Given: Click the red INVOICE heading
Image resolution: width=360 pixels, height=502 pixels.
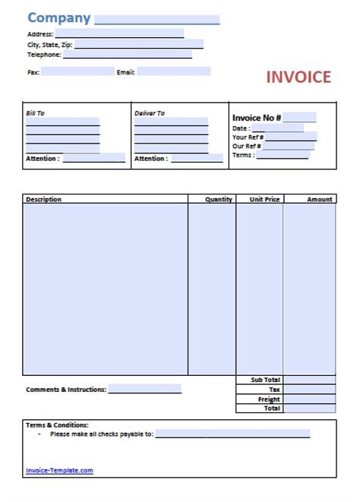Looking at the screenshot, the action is pyautogui.click(x=298, y=77).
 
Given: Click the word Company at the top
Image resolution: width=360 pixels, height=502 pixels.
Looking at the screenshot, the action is pyautogui.click(x=58, y=18).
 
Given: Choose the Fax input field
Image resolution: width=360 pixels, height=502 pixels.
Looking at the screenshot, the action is pyautogui.click(x=73, y=72).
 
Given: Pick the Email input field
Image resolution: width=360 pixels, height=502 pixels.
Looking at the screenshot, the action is pyautogui.click(x=174, y=72).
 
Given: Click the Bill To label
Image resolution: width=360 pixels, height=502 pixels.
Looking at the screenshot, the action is pyautogui.click(x=36, y=113).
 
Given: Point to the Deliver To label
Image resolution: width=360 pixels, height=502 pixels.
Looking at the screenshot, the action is pyautogui.click(x=149, y=113).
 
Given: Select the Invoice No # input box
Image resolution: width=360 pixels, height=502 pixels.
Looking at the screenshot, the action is pyautogui.click(x=300, y=117).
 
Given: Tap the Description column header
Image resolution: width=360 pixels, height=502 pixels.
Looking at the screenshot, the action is pyautogui.click(x=43, y=199).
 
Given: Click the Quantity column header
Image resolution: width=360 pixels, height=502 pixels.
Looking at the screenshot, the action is pyautogui.click(x=219, y=199).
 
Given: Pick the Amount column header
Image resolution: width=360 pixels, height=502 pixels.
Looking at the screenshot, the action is pyautogui.click(x=320, y=199).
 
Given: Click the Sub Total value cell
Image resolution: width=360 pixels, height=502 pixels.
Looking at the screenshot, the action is pyautogui.click(x=310, y=380).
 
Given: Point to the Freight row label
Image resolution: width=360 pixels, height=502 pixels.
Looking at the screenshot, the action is pyautogui.click(x=269, y=399).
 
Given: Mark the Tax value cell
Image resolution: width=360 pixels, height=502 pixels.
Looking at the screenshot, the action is pyautogui.click(x=310, y=390).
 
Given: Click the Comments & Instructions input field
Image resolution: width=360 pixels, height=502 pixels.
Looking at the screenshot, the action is pyautogui.click(x=145, y=389).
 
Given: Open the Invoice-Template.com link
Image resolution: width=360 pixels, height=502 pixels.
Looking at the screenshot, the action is pyautogui.click(x=59, y=470).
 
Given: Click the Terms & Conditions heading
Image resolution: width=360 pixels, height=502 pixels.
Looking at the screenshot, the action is pyautogui.click(x=57, y=425).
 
